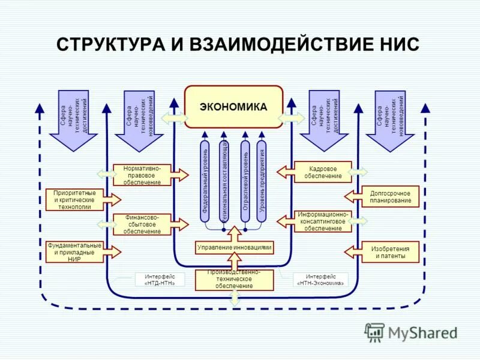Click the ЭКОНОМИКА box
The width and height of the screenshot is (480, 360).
click(x=233, y=107)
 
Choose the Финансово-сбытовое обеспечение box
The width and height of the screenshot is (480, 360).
click(x=142, y=224)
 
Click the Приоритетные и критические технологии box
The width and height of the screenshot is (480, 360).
click(x=75, y=199)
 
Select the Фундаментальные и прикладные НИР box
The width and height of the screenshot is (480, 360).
click(x=75, y=252)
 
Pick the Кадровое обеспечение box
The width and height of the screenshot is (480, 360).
click(x=326, y=172)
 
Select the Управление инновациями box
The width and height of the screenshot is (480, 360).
click(x=234, y=247)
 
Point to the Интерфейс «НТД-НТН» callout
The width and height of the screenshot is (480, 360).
click(x=155, y=280)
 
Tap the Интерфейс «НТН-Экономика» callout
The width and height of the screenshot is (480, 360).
click(x=320, y=280)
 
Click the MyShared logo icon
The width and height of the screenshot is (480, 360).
click(x=375, y=332)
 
